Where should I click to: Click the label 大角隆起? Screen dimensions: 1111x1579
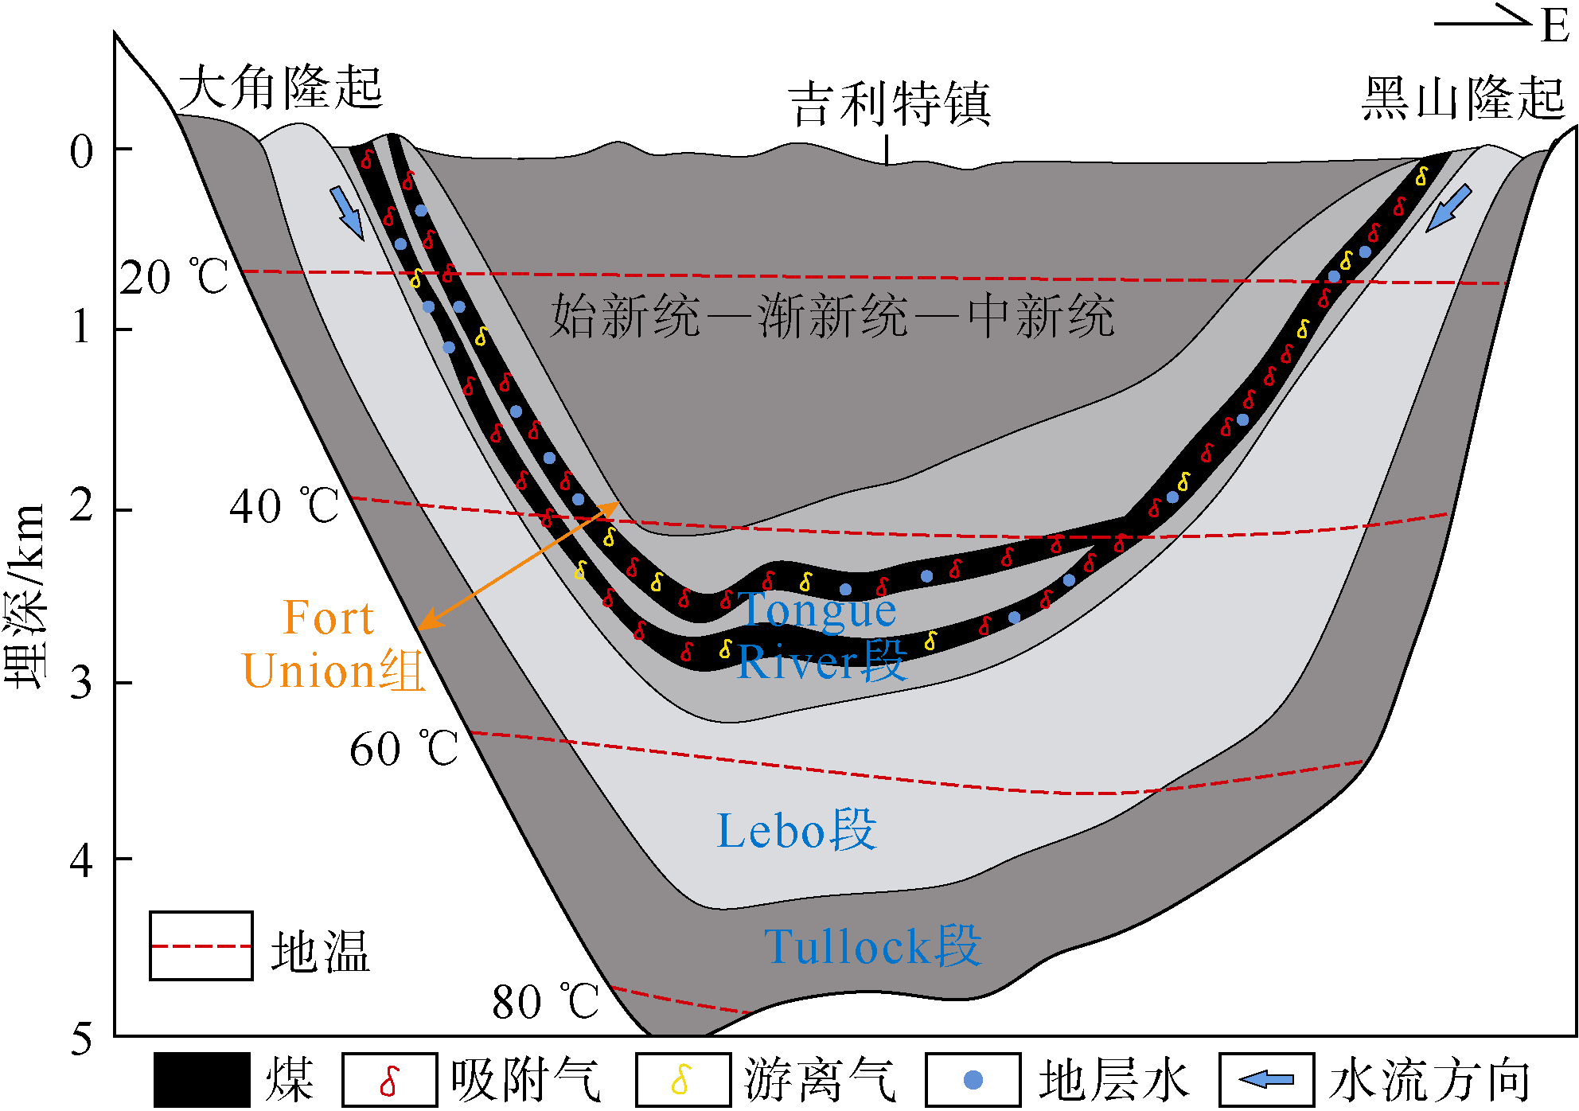tap(280, 88)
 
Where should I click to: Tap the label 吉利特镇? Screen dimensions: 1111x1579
tap(889, 104)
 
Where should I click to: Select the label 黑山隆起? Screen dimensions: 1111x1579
tap(1463, 99)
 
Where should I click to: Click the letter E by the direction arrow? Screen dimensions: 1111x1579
tap(1554, 26)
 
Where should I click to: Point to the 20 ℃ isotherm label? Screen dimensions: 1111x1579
tap(174, 278)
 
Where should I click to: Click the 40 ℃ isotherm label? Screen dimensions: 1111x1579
tap(284, 506)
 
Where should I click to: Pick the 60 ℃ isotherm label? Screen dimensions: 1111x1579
tap(404, 749)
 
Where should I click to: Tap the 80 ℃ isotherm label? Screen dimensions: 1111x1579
tap(546, 1002)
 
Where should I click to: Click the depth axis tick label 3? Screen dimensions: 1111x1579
tap(81, 683)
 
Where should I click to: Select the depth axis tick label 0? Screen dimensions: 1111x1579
tap(81, 151)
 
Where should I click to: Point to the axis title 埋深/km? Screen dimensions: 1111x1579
tap(25, 597)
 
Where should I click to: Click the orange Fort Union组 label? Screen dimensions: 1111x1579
tap(332, 645)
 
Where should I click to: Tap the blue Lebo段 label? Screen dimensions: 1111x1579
tap(797, 831)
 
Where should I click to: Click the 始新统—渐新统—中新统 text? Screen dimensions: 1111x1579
tap(832, 316)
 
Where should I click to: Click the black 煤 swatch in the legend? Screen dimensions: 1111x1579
tap(201, 1080)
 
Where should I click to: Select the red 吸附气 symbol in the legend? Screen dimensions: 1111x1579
tap(389, 1080)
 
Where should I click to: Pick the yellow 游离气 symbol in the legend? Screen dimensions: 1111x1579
tap(682, 1080)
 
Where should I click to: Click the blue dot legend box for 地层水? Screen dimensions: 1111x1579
tap(973, 1080)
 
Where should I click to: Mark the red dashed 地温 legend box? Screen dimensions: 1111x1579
tap(201, 946)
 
